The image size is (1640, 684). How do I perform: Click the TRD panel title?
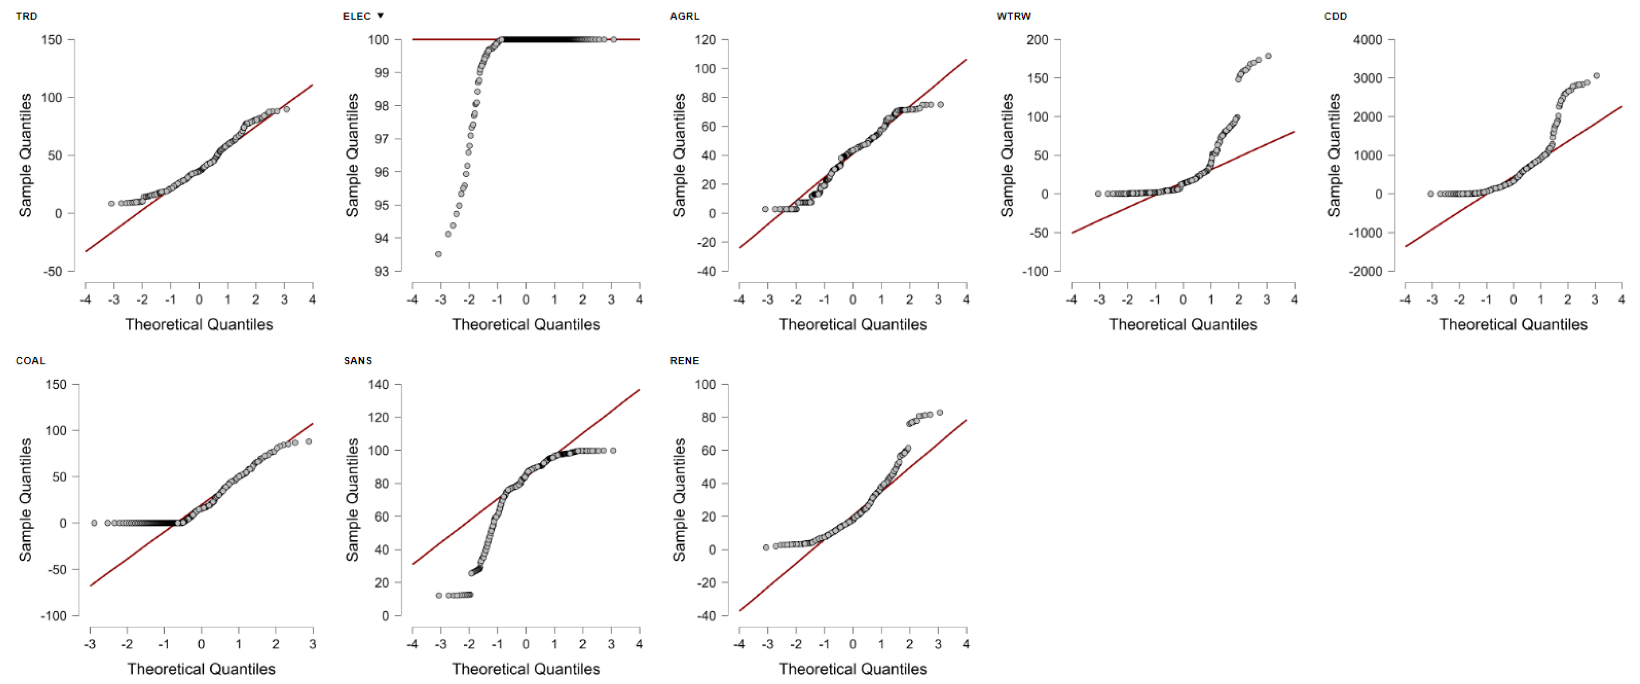26,16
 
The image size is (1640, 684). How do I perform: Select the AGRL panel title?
684,16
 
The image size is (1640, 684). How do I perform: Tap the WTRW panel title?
1013,16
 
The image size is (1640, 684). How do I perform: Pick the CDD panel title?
1335,16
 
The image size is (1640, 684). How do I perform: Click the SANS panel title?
358,360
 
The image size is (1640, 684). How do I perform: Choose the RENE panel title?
684,360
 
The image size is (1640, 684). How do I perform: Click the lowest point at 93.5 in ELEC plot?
438,254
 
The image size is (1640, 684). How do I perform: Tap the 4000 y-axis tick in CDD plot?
1368,39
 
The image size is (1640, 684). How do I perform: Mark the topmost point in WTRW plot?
1268,56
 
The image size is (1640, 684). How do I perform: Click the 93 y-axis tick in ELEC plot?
381,271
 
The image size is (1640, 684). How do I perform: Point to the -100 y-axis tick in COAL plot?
53,616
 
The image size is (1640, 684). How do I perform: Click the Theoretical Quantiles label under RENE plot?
853,669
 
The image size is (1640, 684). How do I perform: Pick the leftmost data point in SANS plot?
439,595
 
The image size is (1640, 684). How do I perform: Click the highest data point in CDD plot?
1596,76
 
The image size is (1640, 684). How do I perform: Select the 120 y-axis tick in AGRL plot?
705,39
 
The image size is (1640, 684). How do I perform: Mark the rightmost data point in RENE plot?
940,413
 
